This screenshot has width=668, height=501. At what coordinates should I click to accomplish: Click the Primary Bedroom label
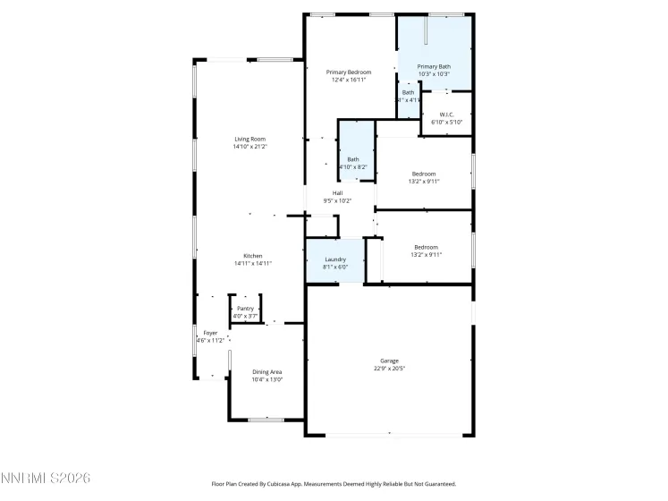pos(348,72)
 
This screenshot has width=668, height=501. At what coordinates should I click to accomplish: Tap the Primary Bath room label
pos(434,66)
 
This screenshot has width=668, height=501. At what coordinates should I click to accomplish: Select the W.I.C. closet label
pos(447,114)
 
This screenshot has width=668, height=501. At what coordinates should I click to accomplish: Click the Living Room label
pos(250,139)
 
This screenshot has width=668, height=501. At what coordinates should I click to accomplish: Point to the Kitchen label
pos(252,256)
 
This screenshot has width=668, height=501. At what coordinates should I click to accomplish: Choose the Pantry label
pos(245,309)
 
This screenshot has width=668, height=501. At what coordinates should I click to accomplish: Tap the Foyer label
pos(210,333)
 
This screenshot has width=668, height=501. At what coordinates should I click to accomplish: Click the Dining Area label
pos(267,371)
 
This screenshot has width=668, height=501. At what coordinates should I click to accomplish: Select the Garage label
pos(390,361)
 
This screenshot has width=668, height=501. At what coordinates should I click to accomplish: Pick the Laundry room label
pos(335,259)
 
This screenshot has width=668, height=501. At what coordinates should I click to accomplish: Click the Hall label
pos(337,193)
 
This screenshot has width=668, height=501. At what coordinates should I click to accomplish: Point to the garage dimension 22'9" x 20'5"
pos(390,368)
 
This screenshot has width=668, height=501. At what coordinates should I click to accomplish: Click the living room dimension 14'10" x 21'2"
pos(250,146)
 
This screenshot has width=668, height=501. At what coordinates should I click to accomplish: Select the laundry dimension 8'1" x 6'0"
pos(335,267)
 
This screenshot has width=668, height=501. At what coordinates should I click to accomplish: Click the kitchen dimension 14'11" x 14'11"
pos(252,263)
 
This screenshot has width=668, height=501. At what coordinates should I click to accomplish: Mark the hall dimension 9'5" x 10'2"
pos(337,200)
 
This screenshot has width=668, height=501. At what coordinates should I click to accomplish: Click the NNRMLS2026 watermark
pos(46,479)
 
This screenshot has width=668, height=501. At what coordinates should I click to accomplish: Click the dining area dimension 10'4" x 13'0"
pos(267,378)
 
